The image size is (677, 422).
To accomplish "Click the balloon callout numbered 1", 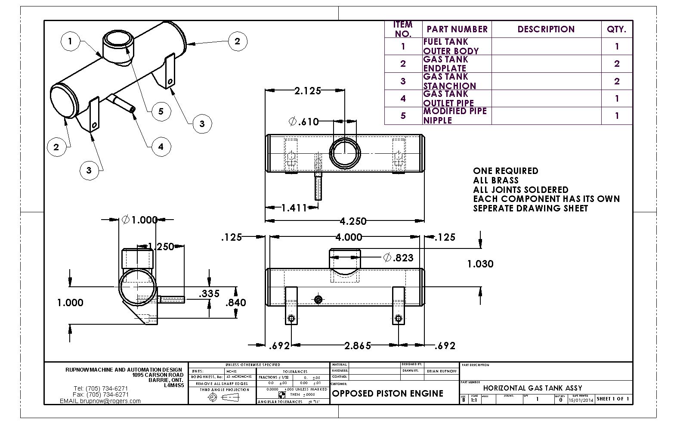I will (x=70, y=42).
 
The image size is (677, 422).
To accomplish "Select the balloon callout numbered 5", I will (x=161, y=112).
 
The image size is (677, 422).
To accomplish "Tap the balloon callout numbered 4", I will (x=161, y=147).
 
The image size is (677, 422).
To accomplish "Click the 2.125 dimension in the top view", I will (x=307, y=90).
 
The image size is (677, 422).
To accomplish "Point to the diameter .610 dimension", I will (x=304, y=122).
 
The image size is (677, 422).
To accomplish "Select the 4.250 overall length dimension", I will (x=353, y=221).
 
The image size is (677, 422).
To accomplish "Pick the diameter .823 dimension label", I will (x=399, y=258).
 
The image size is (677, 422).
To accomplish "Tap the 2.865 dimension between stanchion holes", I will (x=358, y=345).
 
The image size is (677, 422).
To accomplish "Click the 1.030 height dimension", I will (x=480, y=264).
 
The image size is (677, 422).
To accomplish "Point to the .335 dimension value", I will (x=209, y=294).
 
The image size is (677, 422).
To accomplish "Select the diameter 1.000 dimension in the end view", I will (x=140, y=220).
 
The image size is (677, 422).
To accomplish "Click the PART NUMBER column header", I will (x=457, y=29).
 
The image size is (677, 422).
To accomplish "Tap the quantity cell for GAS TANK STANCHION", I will (x=617, y=81).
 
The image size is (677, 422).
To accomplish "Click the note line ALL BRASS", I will (x=496, y=180).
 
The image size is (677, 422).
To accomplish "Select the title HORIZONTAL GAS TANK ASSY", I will (x=532, y=388).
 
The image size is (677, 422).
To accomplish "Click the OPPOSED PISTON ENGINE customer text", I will (x=388, y=393).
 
